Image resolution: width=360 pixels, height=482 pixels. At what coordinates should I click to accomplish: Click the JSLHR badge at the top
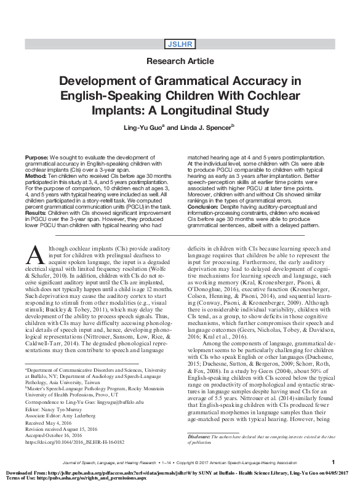pos(180,43)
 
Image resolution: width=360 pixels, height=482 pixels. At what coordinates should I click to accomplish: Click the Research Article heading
pos(180,62)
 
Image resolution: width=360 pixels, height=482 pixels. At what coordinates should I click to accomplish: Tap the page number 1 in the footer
pos(332,462)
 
